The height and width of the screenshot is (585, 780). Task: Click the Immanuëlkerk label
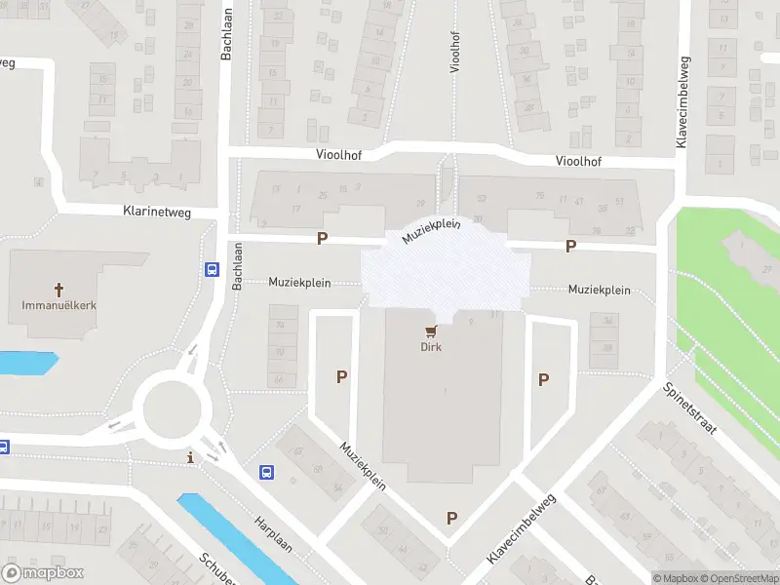(x=58, y=304)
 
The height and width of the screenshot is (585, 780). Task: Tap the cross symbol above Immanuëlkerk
(x=58, y=290)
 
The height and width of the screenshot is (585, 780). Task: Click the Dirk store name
(x=431, y=347)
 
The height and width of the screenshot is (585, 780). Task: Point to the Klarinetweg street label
(x=157, y=212)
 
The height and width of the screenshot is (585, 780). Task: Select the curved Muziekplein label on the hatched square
(x=430, y=230)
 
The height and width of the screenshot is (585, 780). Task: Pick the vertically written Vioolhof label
(x=455, y=52)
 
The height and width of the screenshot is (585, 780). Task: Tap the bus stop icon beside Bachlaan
(x=212, y=270)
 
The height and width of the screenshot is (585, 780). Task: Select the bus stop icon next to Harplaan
(x=266, y=473)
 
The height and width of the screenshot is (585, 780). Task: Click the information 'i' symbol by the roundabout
(x=190, y=457)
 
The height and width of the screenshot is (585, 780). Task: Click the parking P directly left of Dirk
(x=341, y=375)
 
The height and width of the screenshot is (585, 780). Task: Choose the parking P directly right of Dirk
(x=544, y=379)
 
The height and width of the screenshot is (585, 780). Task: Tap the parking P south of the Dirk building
(x=451, y=518)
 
